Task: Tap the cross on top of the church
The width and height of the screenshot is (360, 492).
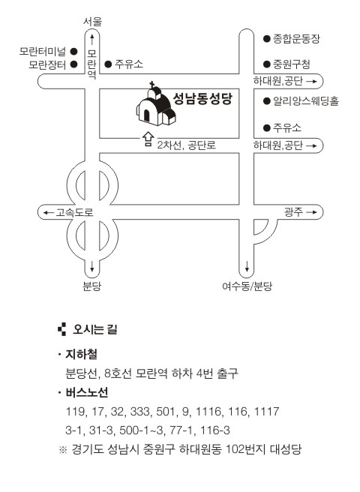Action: click(x=152, y=85)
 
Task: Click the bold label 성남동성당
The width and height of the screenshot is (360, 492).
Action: click(x=202, y=99)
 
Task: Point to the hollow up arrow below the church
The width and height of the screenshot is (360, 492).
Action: click(x=148, y=139)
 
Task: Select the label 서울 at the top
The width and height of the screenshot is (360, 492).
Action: click(x=92, y=22)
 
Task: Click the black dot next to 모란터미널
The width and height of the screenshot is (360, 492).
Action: click(x=73, y=51)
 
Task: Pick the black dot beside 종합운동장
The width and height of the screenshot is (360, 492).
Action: click(x=267, y=39)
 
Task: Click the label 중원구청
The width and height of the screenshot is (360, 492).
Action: click(x=291, y=64)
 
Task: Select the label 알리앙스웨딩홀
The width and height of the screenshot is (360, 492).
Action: click(x=306, y=101)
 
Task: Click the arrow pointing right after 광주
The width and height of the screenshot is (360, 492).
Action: click(x=311, y=212)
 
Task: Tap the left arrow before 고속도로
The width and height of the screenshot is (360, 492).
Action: click(x=48, y=213)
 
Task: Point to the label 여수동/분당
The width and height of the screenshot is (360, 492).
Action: click(x=247, y=286)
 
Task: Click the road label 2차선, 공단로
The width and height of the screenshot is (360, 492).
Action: click(x=187, y=145)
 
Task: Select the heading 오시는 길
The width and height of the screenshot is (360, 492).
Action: click(x=94, y=329)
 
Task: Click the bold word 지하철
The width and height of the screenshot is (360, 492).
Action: click(x=81, y=354)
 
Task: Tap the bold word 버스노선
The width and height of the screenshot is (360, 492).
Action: click(x=87, y=392)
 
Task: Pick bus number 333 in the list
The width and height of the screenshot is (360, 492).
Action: click(x=140, y=411)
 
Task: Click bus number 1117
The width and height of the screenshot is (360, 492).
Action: click(x=266, y=411)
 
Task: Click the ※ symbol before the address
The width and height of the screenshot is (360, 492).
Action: click(x=63, y=450)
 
